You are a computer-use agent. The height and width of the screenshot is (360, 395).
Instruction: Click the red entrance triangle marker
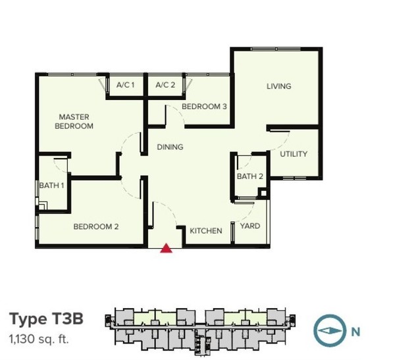click(x=167, y=248)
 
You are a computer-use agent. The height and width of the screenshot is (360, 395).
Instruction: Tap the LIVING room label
click(x=279, y=86)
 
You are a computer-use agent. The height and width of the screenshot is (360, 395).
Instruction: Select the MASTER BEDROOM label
click(x=74, y=122)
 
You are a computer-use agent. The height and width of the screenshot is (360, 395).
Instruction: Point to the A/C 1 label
click(x=125, y=85)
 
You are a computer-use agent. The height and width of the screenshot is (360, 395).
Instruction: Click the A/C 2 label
click(x=165, y=85)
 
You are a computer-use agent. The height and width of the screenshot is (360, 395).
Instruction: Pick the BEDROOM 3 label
click(x=204, y=107)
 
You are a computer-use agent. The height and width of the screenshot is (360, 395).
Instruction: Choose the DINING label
click(x=170, y=147)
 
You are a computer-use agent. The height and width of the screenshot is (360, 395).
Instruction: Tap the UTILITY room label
click(x=294, y=154)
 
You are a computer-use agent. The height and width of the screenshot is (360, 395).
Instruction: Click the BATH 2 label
click(x=250, y=176)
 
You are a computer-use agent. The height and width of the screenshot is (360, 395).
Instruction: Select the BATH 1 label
click(x=51, y=186)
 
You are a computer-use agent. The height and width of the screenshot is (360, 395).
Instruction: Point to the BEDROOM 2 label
click(x=96, y=227)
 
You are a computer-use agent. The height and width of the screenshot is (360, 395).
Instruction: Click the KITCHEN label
click(x=206, y=231)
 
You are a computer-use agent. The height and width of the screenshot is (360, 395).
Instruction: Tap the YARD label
click(x=250, y=226)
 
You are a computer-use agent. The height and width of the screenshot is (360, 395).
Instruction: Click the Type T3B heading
click(x=46, y=319)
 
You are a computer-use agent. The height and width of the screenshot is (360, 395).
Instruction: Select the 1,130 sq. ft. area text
click(x=39, y=339)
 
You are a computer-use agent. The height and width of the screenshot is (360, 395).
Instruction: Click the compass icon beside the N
click(x=330, y=330)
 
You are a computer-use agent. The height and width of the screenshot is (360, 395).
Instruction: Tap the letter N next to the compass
click(x=355, y=332)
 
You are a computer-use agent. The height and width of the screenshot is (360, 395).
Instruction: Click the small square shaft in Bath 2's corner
click(x=263, y=193)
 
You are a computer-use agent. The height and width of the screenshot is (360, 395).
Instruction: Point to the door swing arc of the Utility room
click(x=283, y=143)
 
